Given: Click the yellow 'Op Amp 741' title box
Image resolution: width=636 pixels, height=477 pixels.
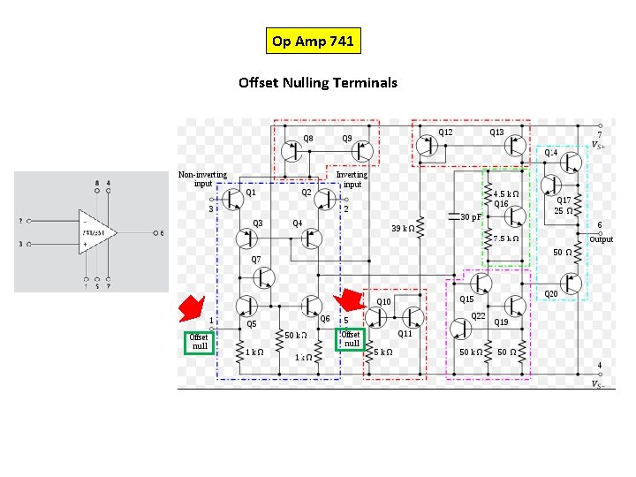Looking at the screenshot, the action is point(314,41).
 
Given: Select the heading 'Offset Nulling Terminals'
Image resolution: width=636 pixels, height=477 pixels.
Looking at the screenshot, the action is point(318,83).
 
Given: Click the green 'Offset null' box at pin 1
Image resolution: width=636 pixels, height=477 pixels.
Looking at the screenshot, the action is point(200,341).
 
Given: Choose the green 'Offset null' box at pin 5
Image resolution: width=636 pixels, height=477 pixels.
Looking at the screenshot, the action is point(351,338).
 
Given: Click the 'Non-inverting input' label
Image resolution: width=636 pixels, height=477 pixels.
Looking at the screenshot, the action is point(203,179).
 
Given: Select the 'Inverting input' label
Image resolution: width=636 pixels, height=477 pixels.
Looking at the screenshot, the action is point(352,179).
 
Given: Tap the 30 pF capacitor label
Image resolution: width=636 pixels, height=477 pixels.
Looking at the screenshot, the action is point(472,216).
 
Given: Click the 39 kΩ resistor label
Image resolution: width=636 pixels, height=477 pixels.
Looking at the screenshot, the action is point(403,228).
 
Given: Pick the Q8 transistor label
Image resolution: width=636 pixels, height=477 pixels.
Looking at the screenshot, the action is point(308,138).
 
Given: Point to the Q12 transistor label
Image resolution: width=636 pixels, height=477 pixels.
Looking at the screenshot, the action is point(446,132).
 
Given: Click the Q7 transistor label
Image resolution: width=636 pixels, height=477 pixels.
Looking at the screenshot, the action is point(256,260).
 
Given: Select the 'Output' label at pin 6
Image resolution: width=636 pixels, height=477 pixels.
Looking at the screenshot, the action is point(601,239).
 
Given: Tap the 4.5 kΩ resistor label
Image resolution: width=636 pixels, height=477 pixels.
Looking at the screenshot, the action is point(506,193).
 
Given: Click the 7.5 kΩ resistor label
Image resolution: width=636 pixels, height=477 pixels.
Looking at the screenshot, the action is point(506,238).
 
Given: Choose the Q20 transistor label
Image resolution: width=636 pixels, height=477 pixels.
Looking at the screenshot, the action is point(550,293).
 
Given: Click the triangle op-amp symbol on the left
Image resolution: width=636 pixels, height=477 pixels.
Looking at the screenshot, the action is point(98,233).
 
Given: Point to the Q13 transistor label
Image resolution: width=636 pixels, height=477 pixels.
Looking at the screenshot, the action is point(497,132).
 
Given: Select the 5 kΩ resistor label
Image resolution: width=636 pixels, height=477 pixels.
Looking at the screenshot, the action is point(382,352).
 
